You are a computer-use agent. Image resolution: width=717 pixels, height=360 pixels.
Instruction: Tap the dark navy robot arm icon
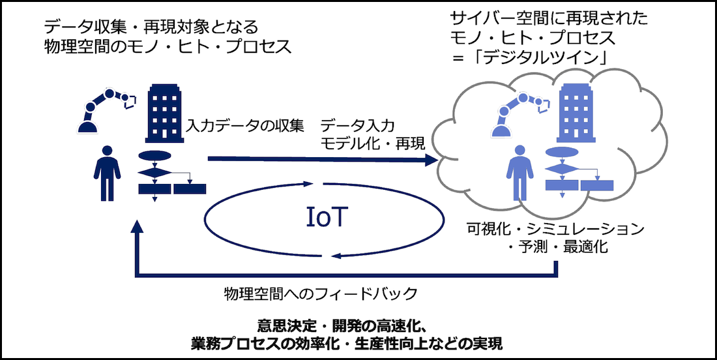click(x=106, y=111)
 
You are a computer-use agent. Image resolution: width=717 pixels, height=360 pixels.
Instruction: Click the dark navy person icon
click(x=107, y=173)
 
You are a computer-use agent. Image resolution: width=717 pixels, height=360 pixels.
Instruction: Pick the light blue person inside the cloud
click(x=519, y=173)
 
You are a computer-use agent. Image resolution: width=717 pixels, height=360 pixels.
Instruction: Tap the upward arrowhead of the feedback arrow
click(x=136, y=228)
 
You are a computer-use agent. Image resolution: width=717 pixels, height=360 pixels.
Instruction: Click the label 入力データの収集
click(x=245, y=126)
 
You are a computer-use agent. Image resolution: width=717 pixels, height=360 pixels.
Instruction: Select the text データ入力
click(x=357, y=126)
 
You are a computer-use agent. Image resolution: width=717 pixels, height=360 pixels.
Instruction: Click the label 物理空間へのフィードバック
click(x=321, y=293)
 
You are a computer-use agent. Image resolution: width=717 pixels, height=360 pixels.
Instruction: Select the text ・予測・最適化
click(x=557, y=248)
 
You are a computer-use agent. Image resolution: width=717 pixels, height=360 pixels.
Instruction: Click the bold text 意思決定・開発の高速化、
click(x=342, y=327)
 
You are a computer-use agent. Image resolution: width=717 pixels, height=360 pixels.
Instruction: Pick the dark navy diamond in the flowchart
click(x=154, y=172)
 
